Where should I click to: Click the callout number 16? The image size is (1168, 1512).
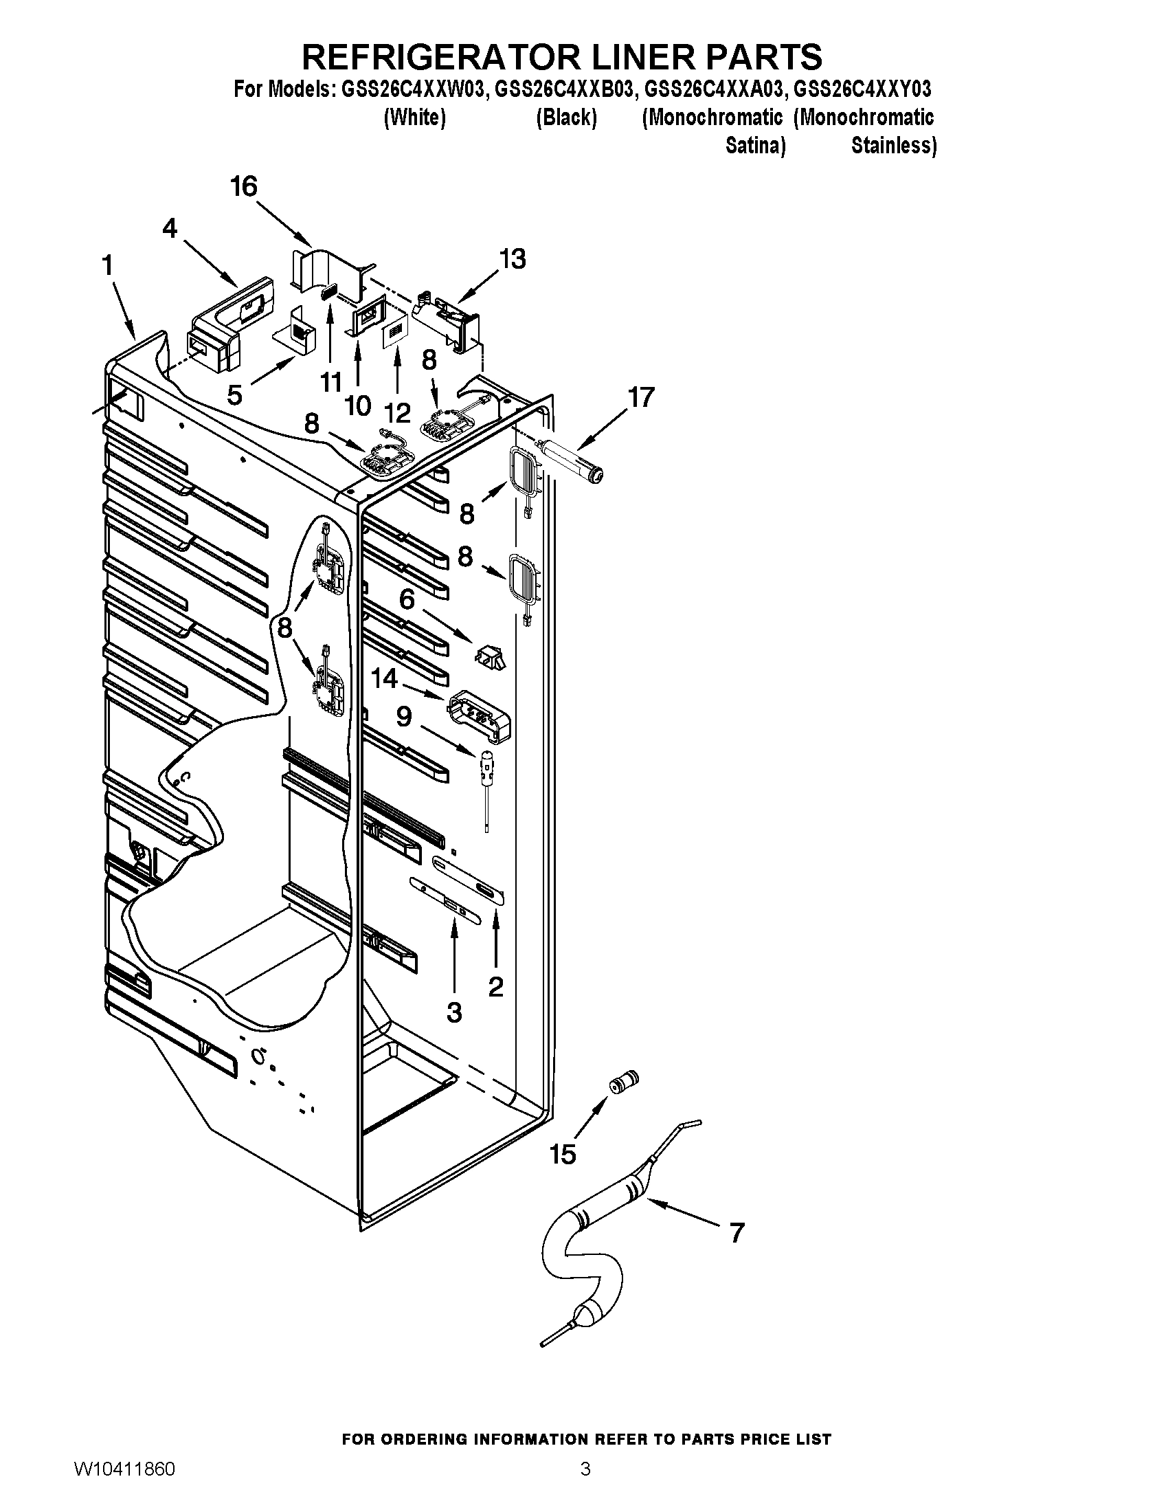[244, 186]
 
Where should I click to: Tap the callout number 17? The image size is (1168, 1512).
[641, 398]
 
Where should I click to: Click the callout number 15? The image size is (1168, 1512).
[563, 1154]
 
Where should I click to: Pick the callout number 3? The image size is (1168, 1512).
[454, 1012]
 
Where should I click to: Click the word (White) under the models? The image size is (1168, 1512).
[414, 118]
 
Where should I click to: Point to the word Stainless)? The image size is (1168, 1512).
[893, 146]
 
